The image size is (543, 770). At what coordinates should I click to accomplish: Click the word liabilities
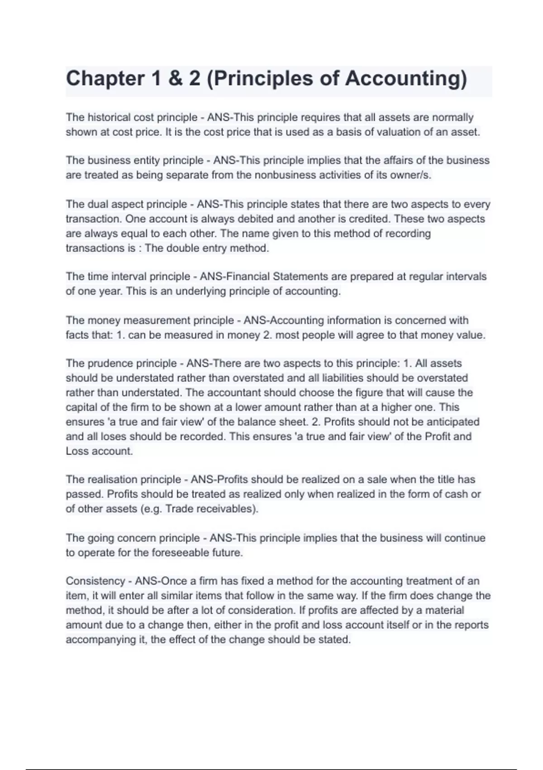tap(341, 378)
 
